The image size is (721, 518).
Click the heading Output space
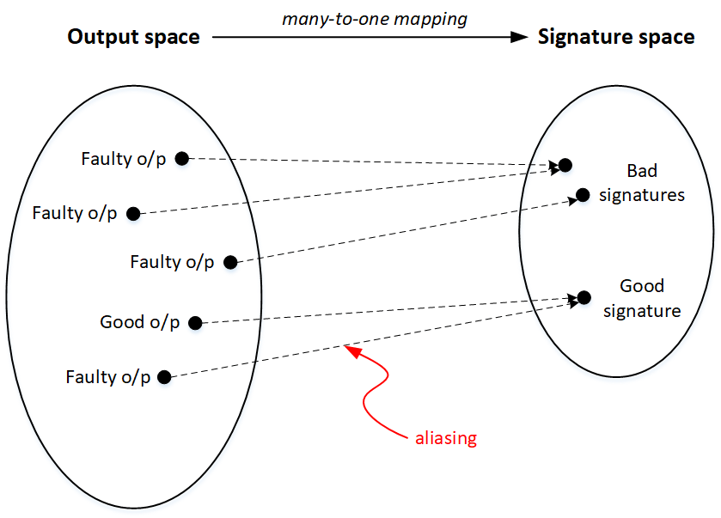point(133,37)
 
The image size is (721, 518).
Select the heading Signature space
point(616,37)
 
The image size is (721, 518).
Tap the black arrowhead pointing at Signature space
point(518,37)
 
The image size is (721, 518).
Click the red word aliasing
point(445,438)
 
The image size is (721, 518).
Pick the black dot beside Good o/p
point(195,323)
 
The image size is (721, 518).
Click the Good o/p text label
point(140,323)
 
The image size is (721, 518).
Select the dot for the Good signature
point(584,297)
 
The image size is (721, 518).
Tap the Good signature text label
point(642,298)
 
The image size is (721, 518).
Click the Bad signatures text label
point(642,183)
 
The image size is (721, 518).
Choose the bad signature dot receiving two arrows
point(565,165)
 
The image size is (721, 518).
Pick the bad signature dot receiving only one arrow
point(583,195)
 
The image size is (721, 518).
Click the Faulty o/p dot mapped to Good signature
point(164,376)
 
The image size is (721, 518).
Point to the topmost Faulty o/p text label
point(123,159)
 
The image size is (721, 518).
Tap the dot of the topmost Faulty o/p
point(181,158)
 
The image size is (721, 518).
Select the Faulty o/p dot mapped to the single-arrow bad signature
point(229,262)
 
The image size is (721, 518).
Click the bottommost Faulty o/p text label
point(107,377)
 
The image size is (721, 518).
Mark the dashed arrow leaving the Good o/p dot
point(387,310)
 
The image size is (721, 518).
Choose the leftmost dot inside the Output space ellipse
point(132,213)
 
